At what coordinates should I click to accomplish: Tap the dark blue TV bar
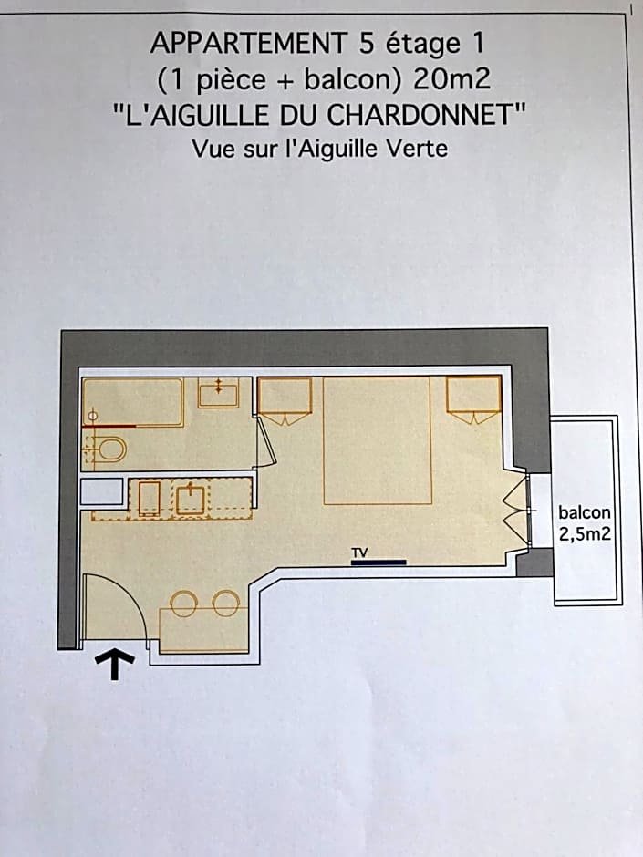pos(379,563)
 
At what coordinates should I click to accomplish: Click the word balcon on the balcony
pos(585,513)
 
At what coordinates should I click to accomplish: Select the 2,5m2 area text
pos(585,534)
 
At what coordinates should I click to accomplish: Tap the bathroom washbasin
pos(219,393)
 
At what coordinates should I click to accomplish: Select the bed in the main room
pos(376,439)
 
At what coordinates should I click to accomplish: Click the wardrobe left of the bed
pos(285,397)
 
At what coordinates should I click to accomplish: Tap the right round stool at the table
pos(225,603)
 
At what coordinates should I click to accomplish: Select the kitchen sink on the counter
pos(191,498)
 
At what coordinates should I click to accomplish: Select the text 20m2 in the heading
pos(451,79)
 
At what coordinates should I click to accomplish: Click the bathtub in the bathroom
pos(133,401)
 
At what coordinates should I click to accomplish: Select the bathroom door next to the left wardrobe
pos(265,443)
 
